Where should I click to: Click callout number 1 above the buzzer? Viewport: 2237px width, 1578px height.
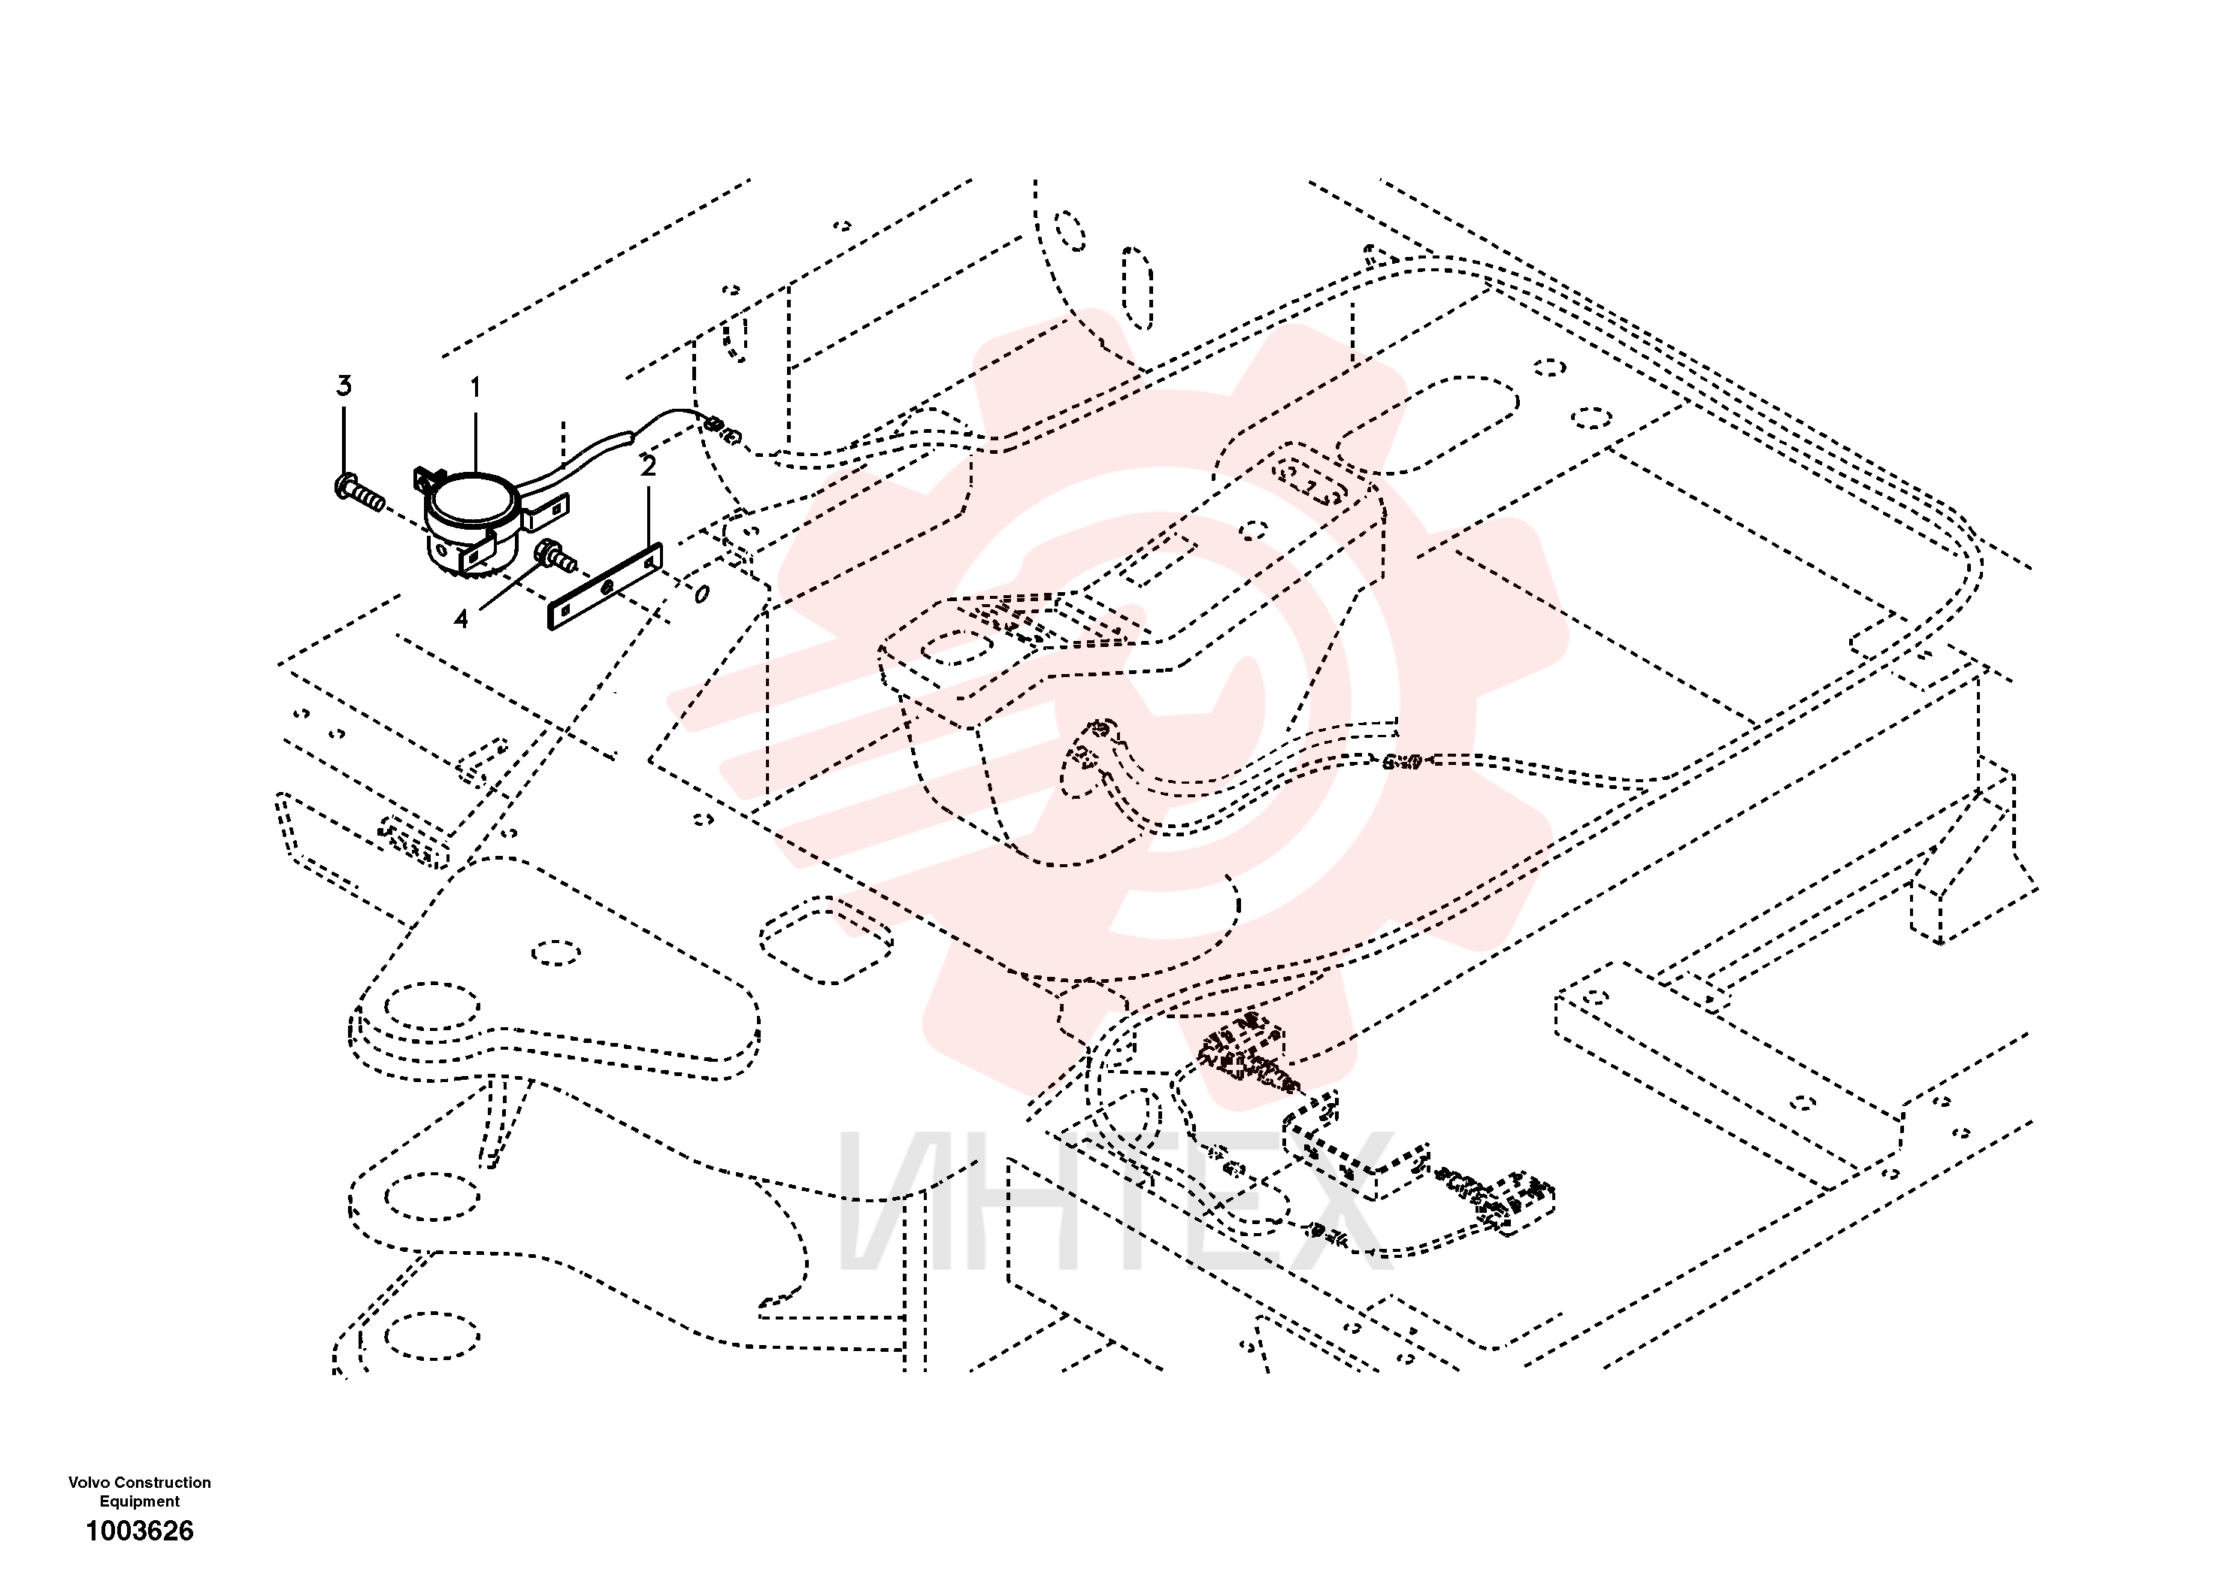[x=476, y=388]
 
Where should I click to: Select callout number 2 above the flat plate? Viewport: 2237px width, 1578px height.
[x=648, y=467]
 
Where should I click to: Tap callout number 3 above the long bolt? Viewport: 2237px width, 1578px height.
[x=344, y=385]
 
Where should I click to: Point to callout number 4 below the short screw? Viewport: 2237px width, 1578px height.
[x=461, y=618]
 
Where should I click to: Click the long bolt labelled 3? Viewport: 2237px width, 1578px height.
[x=359, y=492]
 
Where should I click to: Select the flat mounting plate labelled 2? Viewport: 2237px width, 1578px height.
[x=605, y=586]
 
